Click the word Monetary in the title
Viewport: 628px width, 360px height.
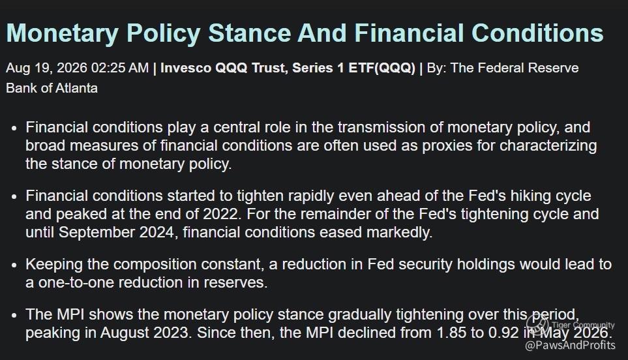(62, 33)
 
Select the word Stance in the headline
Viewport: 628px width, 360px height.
(250, 33)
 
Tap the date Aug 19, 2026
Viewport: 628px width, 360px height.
(46, 68)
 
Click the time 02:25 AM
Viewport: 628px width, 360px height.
(120, 68)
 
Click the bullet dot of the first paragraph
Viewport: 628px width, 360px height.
(15, 128)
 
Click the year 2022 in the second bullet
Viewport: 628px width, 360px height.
(220, 214)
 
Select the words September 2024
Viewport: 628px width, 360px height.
(117, 232)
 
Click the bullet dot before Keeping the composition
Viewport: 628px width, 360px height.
(15, 265)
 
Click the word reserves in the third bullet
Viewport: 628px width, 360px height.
(235, 282)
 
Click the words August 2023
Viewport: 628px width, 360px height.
(145, 333)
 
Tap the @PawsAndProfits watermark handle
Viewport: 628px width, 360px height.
(570, 345)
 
